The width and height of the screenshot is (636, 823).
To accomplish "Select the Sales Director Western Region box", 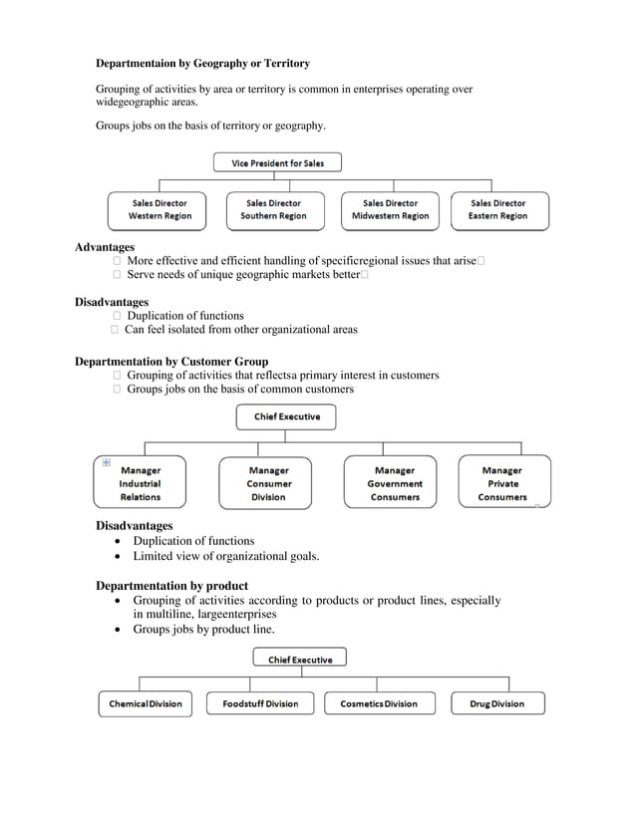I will (x=159, y=209).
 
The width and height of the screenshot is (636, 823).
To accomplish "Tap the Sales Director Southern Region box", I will (x=273, y=209).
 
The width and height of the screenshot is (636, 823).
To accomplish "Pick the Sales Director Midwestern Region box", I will (x=390, y=209).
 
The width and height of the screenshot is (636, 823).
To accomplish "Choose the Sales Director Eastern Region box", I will (x=498, y=209).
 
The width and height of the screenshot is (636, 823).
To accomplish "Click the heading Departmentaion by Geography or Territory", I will (x=202, y=64).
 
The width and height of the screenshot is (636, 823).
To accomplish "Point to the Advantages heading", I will (x=105, y=247).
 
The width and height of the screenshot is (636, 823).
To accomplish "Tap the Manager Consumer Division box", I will (x=268, y=483).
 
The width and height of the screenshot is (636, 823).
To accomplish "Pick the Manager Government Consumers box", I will (x=395, y=483).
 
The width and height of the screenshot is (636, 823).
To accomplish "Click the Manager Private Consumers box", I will (x=502, y=483).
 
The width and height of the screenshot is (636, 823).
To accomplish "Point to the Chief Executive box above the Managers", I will (x=286, y=416).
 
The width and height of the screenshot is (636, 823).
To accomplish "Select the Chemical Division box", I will (x=146, y=703).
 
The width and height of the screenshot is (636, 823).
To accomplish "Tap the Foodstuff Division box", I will (x=260, y=703).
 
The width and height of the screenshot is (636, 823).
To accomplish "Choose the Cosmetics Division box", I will (x=379, y=703).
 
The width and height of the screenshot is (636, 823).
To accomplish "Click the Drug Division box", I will (x=496, y=703).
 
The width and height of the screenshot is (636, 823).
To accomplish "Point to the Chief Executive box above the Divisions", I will (x=300, y=659).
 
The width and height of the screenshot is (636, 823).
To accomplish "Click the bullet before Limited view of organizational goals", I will (x=120, y=557).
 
